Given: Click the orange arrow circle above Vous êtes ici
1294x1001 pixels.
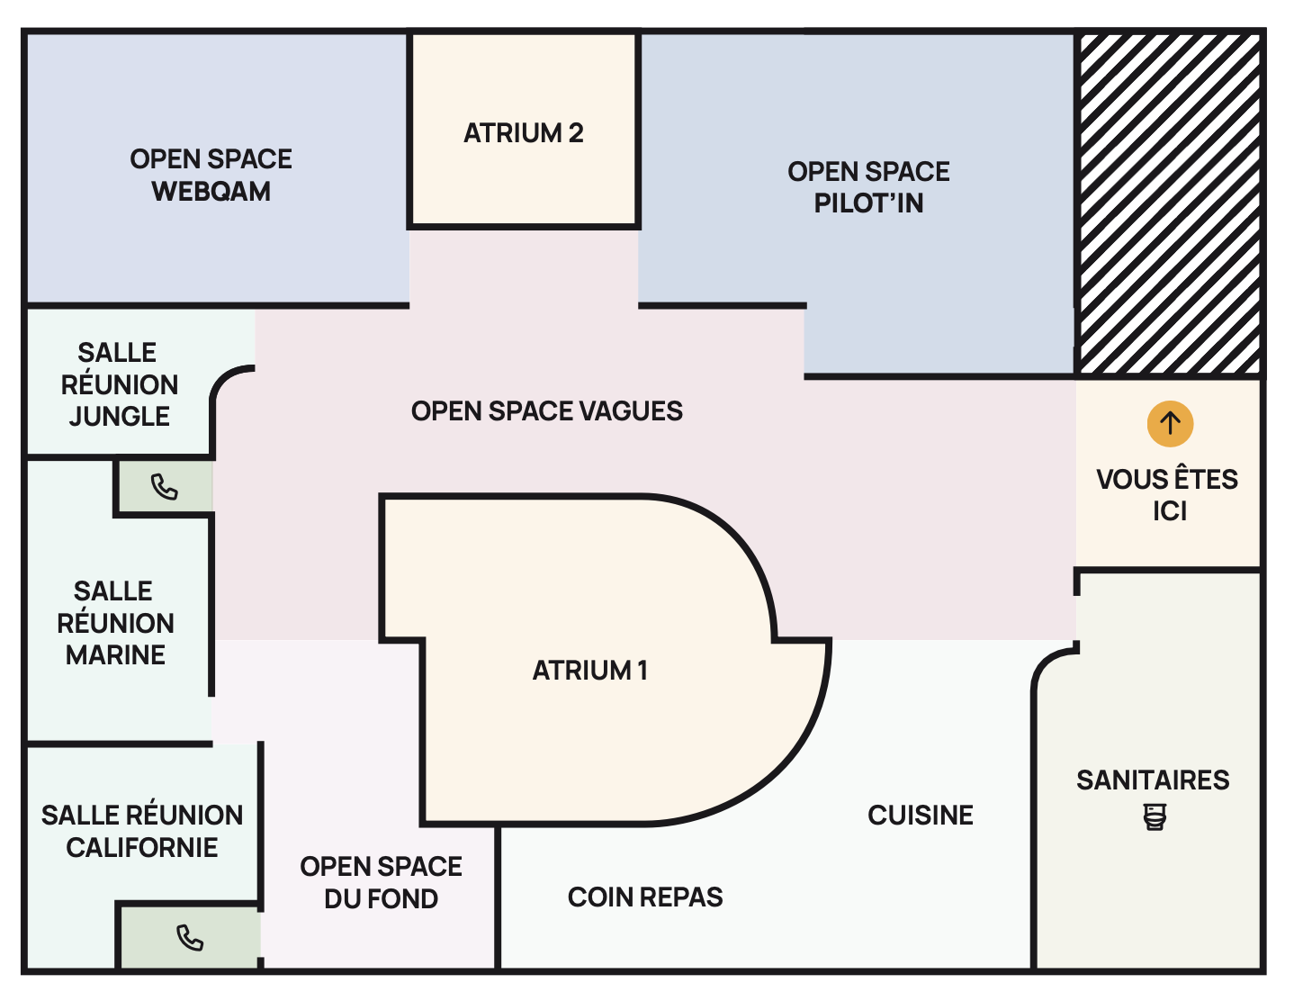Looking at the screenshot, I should [1170, 423].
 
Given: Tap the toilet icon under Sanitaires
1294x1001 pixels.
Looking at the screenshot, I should [1155, 817].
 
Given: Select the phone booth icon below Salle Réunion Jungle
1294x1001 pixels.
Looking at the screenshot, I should [165, 487].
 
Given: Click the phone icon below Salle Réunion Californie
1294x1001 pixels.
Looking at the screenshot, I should [190, 938].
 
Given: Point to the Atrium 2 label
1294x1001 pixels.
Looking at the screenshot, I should [523, 133].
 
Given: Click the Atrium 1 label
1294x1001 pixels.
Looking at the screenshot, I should [589, 671].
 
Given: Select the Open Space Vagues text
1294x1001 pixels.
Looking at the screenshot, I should [546, 411].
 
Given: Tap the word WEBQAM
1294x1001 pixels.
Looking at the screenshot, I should [211, 192].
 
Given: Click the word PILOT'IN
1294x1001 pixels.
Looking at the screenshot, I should [868, 203].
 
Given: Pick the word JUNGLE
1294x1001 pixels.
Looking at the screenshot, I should [119, 417].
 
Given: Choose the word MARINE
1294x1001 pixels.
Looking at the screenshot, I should [115, 655].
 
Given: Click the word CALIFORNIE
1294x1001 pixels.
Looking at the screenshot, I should [142, 848].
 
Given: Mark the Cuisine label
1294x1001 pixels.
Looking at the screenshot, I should [920, 816].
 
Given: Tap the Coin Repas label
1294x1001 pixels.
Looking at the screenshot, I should [645, 897].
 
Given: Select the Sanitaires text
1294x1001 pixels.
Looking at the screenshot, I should [1153, 780].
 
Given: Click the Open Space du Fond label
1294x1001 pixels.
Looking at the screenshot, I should [381, 882].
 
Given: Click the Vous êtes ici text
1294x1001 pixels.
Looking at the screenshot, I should [1167, 494].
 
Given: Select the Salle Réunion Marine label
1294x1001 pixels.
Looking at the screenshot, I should [115, 623].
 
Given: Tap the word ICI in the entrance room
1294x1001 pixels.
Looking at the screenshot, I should [1170, 511].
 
